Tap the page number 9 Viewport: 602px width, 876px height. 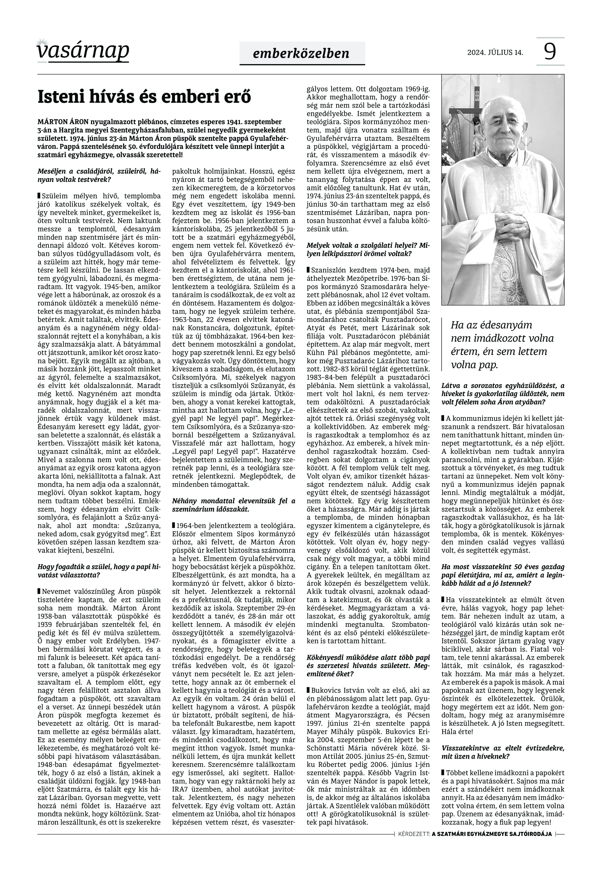point(550,51)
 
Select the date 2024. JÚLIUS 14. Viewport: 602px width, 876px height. point(495,52)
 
